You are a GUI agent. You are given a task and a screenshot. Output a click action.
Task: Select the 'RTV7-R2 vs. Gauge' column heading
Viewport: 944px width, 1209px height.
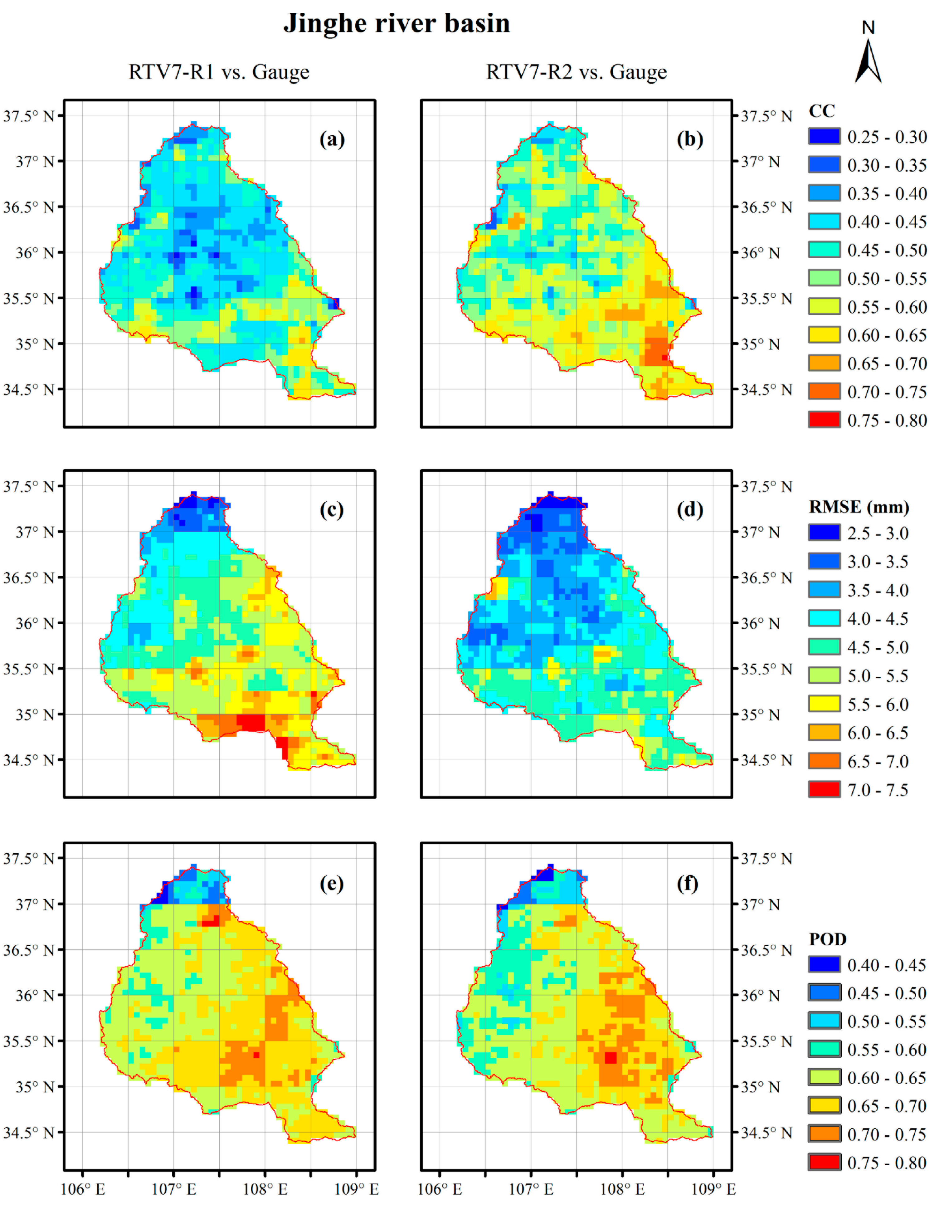(x=577, y=72)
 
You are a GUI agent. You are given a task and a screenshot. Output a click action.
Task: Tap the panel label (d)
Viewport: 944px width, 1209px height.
(x=689, y=509)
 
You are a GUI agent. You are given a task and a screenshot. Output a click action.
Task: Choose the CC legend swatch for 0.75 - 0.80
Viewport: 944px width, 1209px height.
(x=824, y=420)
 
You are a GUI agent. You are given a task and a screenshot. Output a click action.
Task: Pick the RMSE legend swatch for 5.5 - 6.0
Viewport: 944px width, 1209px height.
(x=824, y=704)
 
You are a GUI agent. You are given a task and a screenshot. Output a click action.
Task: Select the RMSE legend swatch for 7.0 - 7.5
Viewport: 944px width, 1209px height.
(x=824, y=789)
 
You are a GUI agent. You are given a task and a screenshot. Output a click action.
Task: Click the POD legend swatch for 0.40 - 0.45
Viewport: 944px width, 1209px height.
(x=824, y=965)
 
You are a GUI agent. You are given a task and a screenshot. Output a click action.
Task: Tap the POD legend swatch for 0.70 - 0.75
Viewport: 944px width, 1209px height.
(x=824, y=1134)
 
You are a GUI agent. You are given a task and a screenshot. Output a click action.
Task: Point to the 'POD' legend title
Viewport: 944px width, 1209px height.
(x=828, y=939)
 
